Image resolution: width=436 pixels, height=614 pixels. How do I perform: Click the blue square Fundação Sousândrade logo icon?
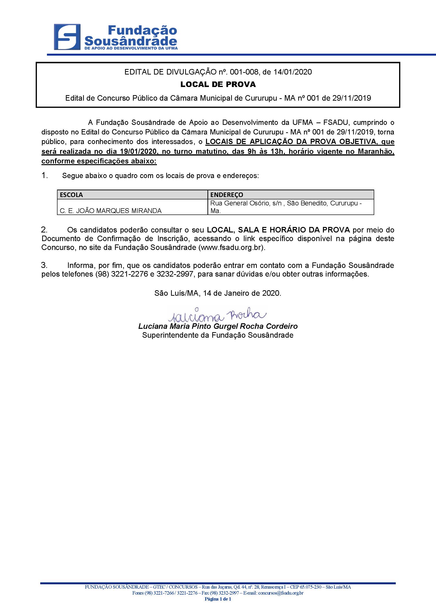point(67,37)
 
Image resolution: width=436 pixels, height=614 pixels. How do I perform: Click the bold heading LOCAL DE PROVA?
point(218,84)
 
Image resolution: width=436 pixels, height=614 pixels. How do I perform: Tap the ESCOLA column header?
point(71,195)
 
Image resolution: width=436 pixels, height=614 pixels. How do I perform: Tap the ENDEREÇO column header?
point(227,195)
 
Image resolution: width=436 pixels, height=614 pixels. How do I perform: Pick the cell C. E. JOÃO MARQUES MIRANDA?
point(111,211)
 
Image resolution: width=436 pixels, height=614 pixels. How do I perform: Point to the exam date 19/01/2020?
point(138,151)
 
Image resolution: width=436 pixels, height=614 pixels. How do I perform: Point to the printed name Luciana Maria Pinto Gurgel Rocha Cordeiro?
point(218,326)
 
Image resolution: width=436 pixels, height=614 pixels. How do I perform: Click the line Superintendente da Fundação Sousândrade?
point(218,335)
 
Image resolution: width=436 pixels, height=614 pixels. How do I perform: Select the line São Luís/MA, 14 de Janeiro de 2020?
point(218,293)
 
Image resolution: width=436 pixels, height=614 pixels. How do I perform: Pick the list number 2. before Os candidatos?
point(44,230)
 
